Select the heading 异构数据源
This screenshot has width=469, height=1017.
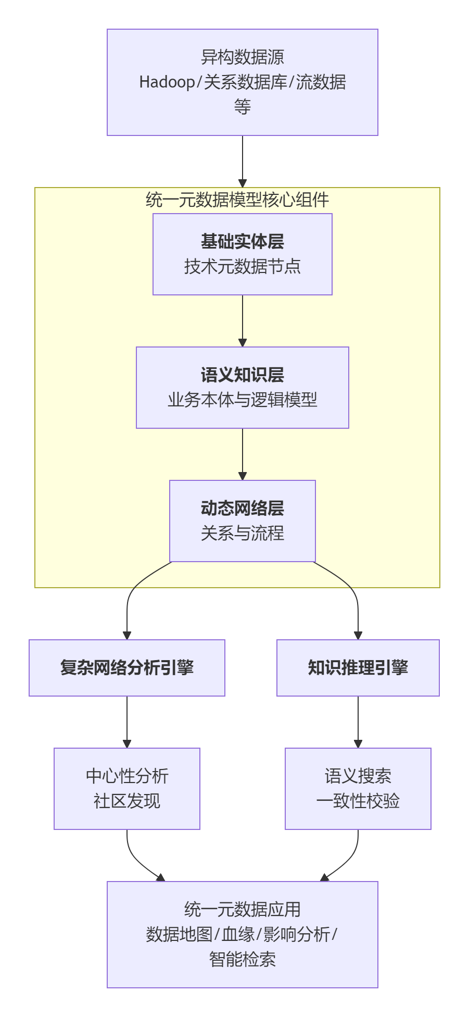[242, 57]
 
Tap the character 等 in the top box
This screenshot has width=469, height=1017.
[242, 107]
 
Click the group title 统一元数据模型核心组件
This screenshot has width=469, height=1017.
[237, 200]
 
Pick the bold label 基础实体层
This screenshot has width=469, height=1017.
[242, 242]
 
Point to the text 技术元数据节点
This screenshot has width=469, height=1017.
[242, 267]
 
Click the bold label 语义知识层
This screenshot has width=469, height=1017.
[242, 375]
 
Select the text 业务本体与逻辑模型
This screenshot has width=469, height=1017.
[242, 400]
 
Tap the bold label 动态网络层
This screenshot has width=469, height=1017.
[242, 508]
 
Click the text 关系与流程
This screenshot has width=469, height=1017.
[242, 534]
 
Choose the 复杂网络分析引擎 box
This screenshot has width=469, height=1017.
[127, 668]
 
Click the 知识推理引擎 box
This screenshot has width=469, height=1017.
[358, 668]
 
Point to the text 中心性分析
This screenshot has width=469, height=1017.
[127, 776]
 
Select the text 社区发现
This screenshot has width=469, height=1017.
[127, 801]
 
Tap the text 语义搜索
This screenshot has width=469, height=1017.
[358, 776]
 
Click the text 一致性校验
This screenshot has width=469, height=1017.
[358, 801]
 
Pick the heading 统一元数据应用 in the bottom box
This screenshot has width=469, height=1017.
[242, 910]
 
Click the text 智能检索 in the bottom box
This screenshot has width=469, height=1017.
[242, 960]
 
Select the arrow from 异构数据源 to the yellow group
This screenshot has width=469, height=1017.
[243, 162]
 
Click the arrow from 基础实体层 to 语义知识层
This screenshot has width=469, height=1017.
[243, 320]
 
